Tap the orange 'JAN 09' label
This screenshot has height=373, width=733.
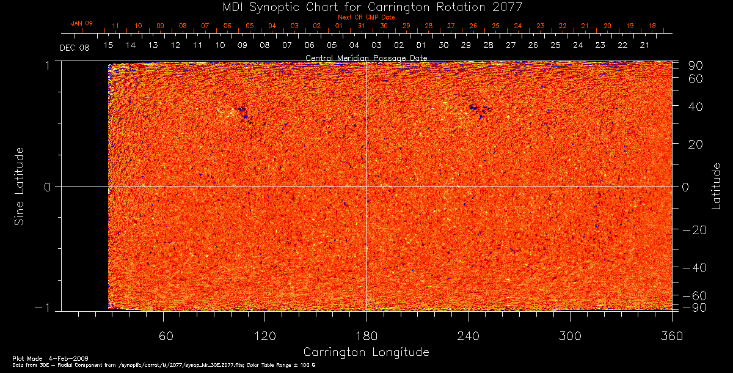pyautogui.click(x=82, y=23)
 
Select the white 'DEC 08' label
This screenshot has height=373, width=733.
pyautogui.click(x=75, y=48)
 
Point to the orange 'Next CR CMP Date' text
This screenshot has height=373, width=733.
pyautogui.click(x=366, y=17)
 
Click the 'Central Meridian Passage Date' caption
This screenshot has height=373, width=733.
pyautogui.click(x=366, y=58)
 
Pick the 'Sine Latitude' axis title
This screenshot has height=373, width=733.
pyautogui.click(x=20, y=185)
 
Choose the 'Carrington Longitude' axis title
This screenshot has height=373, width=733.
pyautogui.click(x=366, y=352)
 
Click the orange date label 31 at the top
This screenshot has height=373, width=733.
pyautogui.click(x=362, y=26)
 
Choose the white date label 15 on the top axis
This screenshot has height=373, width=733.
pyautogui.click(x=108, y=45)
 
